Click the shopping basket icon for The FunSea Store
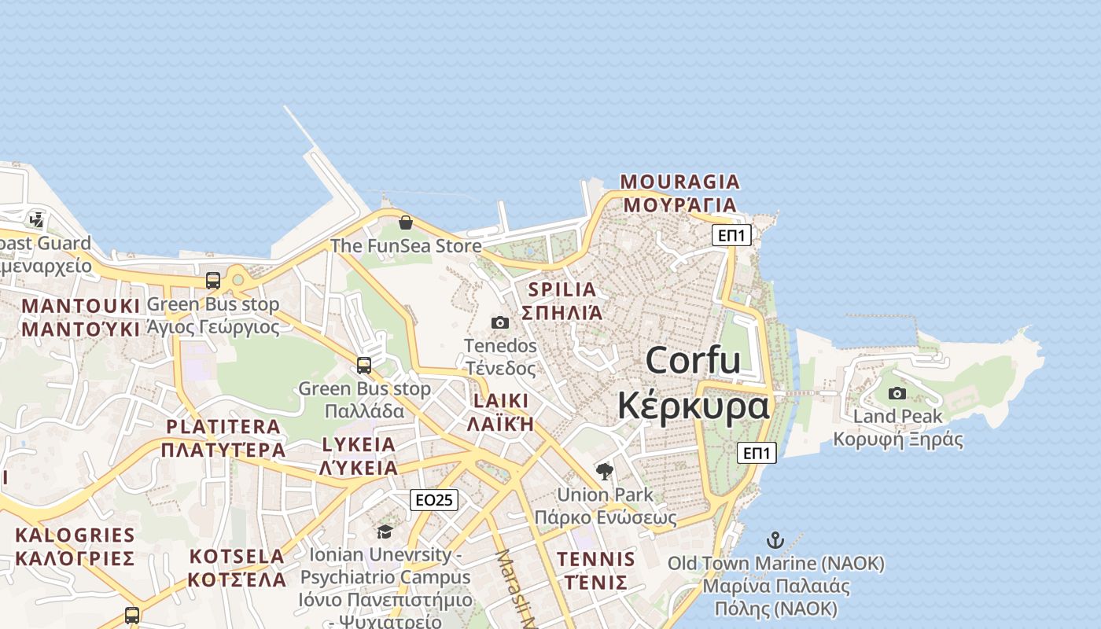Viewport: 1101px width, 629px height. [406, 223]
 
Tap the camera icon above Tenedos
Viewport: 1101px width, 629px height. [499, 322]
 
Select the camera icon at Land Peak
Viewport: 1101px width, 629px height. [897, 393]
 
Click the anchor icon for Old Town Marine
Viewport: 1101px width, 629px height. [775, 540]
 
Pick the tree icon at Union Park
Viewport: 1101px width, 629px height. [605, 472]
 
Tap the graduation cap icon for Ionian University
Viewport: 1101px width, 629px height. [385, 532]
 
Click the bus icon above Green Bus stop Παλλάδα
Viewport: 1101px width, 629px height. [363, 366]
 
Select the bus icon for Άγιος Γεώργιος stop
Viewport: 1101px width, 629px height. [212, 281]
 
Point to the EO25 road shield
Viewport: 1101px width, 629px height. [434, 500]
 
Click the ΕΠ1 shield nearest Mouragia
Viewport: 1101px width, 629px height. [731, 234]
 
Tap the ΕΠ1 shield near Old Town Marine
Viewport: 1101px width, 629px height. [757, 453]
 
